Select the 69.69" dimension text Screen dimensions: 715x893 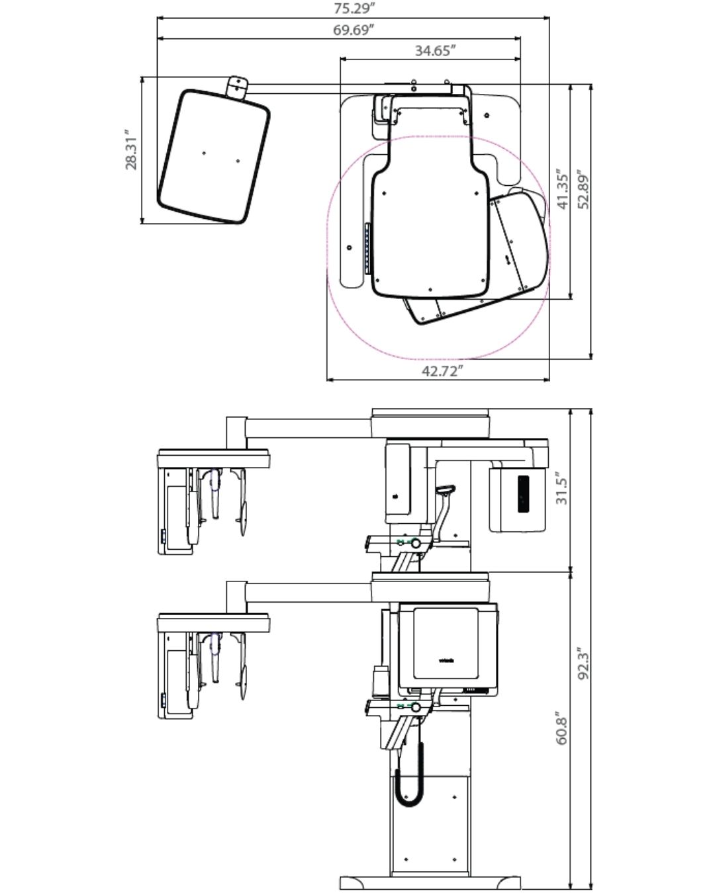354,30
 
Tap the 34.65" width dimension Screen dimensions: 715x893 436,51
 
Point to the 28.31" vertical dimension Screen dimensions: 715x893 131,149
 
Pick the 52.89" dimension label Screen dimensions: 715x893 583,189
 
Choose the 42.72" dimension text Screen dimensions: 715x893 442,370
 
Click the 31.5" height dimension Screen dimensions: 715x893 561,488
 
